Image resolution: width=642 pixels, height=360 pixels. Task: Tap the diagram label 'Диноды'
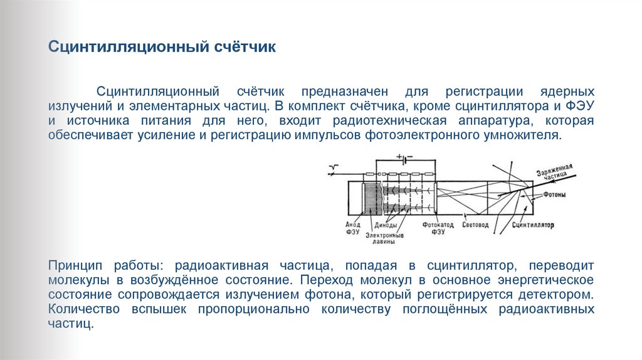click(384, 224)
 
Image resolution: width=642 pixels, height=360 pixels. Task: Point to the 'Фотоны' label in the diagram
click(554, 194)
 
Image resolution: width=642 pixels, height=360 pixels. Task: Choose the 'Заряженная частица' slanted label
click(555, 172)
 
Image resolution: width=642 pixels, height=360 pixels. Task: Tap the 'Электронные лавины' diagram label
click(389, 236)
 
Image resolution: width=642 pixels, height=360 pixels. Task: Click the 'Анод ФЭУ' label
click(352, 227)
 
